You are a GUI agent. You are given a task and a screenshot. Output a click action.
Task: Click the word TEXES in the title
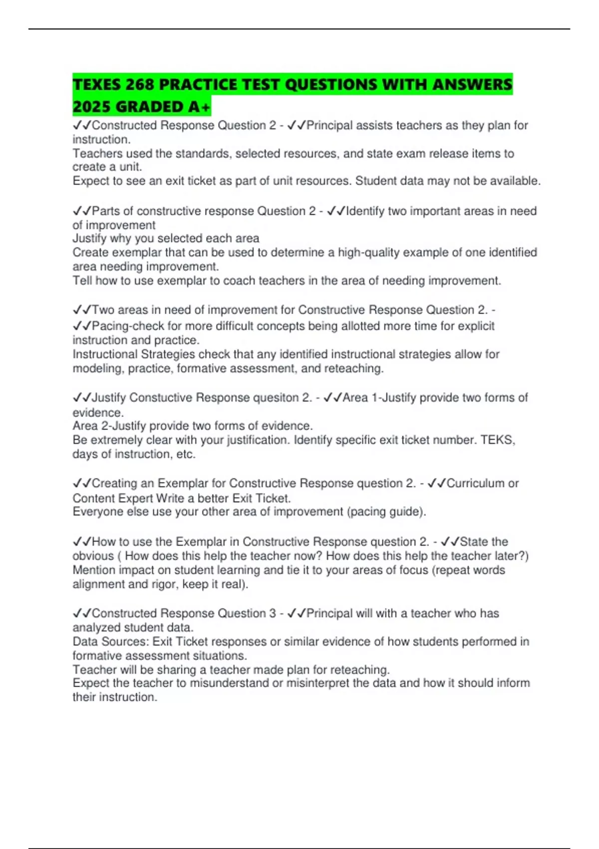click(x=97, y=84)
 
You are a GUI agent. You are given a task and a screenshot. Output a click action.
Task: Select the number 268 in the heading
click(x=140, y=84)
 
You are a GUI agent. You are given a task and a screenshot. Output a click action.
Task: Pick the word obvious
click(x=93, y=556)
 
